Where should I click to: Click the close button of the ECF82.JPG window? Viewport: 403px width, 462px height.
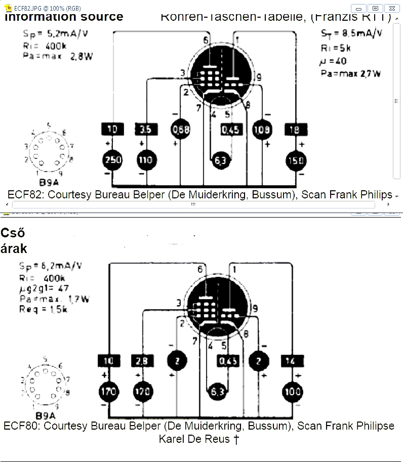[391, 8]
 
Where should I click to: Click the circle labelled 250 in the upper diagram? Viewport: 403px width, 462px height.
[112, 160]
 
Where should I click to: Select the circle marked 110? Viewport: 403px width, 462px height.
[144, 160]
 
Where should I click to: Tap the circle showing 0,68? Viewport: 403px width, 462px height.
[181, 130]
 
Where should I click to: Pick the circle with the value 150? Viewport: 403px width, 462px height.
[295, 160]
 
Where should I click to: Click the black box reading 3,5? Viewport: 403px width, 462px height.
[145, 130]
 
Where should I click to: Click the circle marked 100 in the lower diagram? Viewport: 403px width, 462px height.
[293, 391]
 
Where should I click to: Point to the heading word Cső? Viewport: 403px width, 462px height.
[13, 234]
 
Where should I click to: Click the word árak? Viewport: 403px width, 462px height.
[14, 248]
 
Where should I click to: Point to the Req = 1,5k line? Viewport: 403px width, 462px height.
[43, 309]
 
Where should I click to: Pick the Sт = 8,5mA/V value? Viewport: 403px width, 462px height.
[351, 34]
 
